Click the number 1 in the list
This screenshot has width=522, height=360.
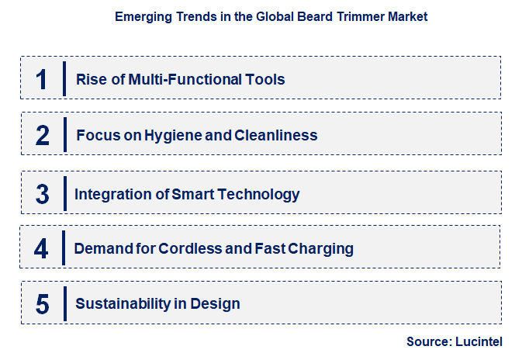pyautogui.click(x=42, y=79)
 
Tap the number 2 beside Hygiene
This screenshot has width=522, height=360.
pyautogui.click(x=43, y=136)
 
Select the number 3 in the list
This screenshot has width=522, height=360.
pyautogui.click(x=42, y=194)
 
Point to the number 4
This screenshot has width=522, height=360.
pyautogui.click(x=42, y=249)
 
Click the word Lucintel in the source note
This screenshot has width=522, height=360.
pyautogui.click(x=482, y=341)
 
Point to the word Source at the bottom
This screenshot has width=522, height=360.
pyautogui.click(x=427, y=341)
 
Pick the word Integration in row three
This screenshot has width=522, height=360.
pyautogui.click(x=110, y=194)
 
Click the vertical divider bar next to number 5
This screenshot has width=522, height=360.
pyautogui.click(x=64, y=303)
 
